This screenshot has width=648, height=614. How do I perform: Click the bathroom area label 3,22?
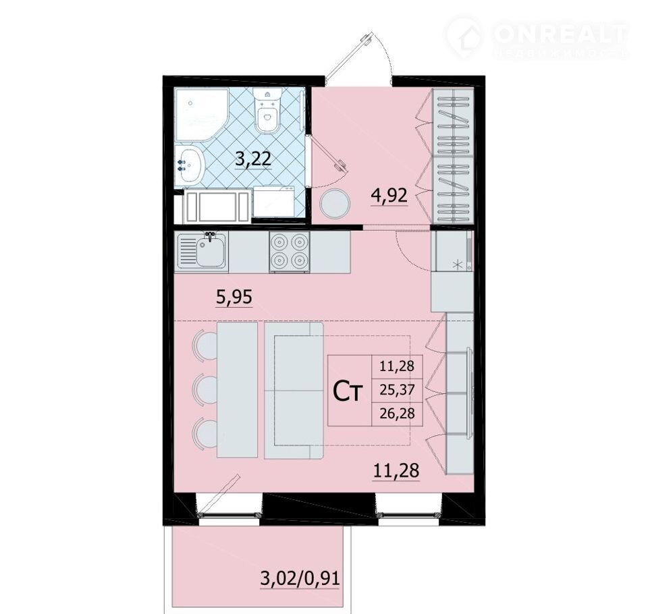(253, 159)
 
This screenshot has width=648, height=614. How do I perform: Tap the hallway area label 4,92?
(389, 196)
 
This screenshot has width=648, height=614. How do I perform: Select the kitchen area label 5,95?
(234, 297)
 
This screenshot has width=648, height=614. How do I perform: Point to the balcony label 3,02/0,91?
(300, 578)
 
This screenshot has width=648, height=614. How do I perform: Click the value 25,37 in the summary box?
(397, 389)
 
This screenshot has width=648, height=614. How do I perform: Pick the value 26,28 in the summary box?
(397, 413)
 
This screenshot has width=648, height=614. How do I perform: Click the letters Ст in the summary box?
(348, 392)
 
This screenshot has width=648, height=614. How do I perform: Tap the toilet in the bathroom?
(267, 111)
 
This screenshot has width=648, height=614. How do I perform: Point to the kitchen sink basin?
(211, 252)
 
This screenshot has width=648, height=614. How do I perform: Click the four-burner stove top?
(290, 252)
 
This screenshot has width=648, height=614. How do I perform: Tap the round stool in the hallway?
(335, 204)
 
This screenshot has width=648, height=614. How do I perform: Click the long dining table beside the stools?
(237, 389)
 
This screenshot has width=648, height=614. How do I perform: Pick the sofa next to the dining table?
(294, 391)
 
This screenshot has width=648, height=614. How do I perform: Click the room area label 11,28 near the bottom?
(396, 471)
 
